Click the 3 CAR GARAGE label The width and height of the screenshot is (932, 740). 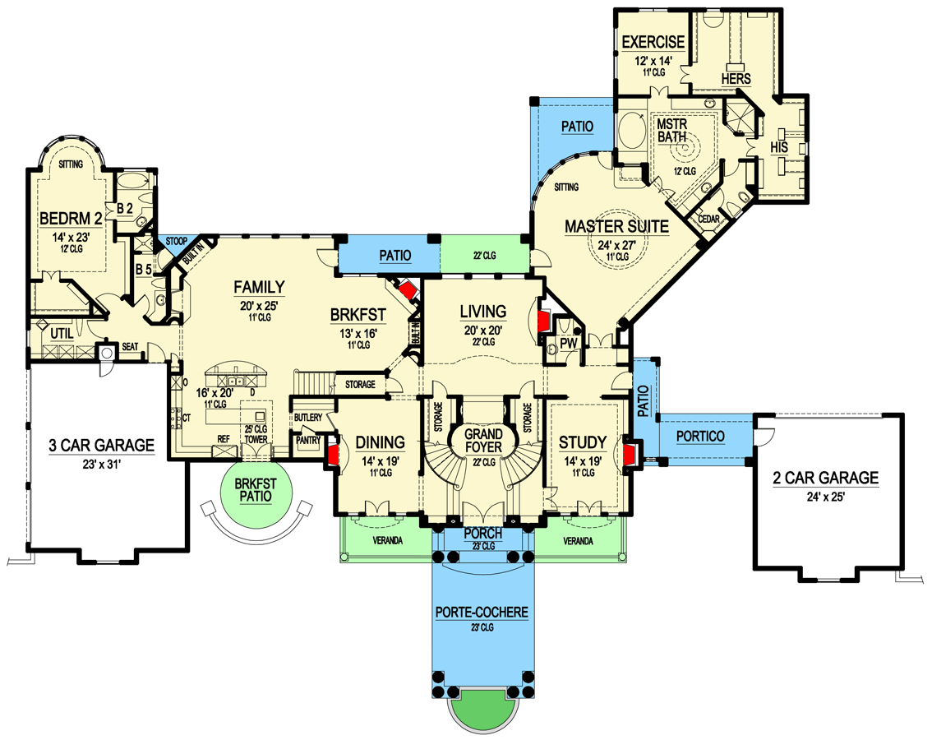click(101, 446)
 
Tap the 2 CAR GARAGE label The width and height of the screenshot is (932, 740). click(825, 478)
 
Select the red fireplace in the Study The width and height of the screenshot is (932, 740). click(630, 455)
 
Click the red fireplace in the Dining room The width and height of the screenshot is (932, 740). click(334, 456)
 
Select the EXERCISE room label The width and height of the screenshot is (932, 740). click(653, 42)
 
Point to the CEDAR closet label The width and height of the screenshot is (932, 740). click(708, 219)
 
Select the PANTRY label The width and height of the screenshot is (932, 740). click(309, 440)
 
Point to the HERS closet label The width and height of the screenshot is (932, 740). click(736, 77)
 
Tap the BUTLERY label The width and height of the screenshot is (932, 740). click(309, 418)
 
